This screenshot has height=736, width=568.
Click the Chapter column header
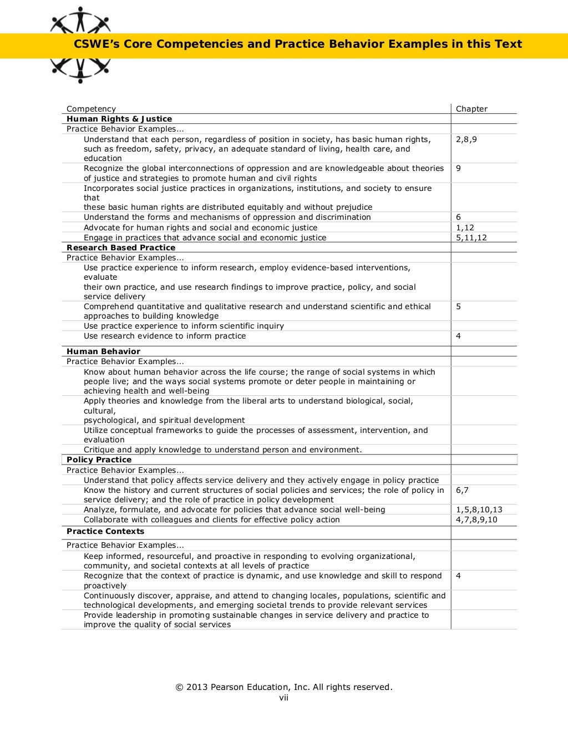pos(471,109)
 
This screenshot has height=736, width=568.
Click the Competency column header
pos(91,109)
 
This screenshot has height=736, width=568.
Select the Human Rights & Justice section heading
pos(119,119)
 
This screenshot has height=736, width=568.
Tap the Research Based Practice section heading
pos(121,248)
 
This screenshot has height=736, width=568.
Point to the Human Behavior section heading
pos(103,351)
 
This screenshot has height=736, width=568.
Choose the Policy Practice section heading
pos(99,460)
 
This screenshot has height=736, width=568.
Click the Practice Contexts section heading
pos(105,531)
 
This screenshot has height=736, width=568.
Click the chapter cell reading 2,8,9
pos(466,139)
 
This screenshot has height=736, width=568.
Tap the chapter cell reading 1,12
pos(465,228)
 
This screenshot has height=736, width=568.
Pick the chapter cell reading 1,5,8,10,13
pos(479,510)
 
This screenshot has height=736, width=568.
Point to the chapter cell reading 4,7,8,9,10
pos(476,520)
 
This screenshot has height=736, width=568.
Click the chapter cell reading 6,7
pos(462,490)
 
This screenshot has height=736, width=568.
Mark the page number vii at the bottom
pos(283,697)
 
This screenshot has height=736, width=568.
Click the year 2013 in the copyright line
pos(197,687)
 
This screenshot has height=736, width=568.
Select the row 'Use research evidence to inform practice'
pos(165,336)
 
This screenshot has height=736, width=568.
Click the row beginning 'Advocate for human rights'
pos(200,228)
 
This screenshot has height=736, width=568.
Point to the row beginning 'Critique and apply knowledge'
pos(222,450)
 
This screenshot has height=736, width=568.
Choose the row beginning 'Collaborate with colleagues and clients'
pos(211,520)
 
